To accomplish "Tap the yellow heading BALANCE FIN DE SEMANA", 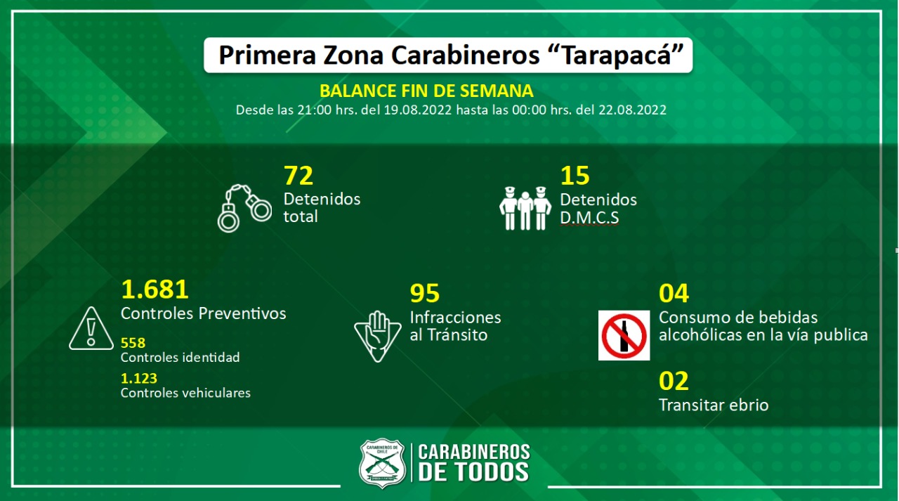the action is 426,91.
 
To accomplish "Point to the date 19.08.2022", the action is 417,110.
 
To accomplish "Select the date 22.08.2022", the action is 632,110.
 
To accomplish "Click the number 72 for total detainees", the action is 298,176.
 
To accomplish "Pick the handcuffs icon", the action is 244,208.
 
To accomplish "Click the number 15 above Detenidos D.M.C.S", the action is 575,176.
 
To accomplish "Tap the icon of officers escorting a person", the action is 525,209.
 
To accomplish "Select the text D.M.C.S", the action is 589,218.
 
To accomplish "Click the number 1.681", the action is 155,289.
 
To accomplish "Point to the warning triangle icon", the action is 91,328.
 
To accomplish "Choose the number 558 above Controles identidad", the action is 133,343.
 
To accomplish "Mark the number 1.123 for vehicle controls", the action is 139,378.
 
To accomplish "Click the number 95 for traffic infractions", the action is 425,293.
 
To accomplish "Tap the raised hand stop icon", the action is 378,337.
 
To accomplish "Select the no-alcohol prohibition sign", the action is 624,335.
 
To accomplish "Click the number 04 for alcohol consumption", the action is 674,293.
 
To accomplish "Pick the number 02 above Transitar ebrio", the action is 674,381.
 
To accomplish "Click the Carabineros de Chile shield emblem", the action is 382,463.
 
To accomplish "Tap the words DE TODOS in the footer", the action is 473,471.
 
